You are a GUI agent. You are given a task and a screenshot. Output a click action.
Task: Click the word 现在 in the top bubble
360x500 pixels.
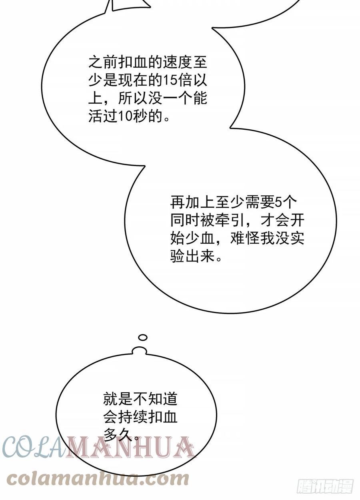click(133, 80)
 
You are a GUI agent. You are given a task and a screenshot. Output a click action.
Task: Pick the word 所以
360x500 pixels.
click(133, 98)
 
